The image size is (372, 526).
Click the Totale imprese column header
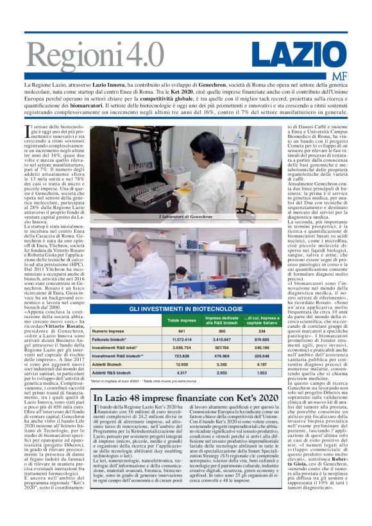(182, 320)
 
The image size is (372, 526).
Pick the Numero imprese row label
(108, 331)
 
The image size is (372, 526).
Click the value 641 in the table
(182, 331)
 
